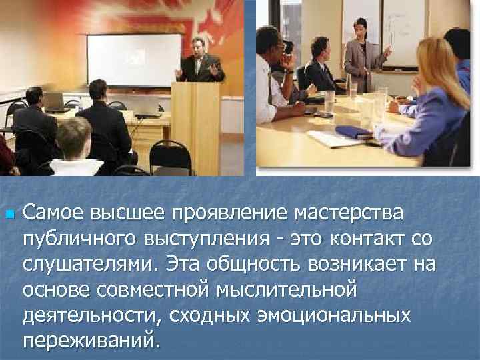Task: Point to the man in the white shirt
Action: tap(271, 80)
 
